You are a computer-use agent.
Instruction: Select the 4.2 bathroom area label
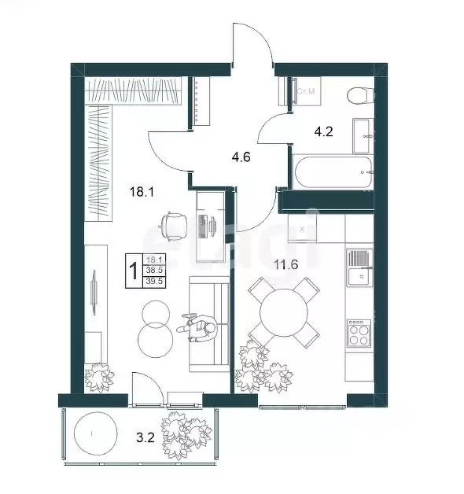click(x=325, y=131)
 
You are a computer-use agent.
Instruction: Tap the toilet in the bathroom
click(x=358, y=96)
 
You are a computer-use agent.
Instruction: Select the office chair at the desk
click(x=172, y=225)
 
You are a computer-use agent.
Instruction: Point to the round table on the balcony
click(x=94, y=433)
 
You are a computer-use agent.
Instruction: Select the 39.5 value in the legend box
click(x=155, y=279)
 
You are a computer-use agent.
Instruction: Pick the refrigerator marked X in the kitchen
click(x=302, y=228)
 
